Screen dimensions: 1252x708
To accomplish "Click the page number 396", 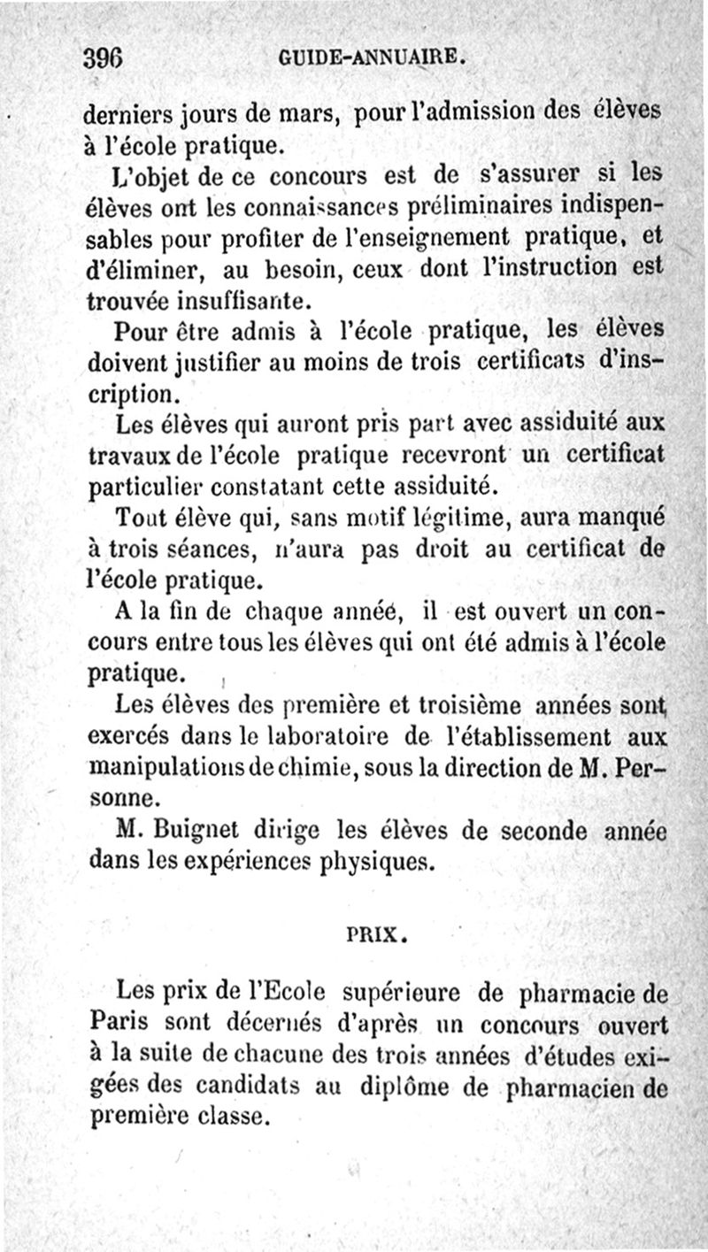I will (102, 58).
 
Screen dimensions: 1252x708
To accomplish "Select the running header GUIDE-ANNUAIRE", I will (373, 59).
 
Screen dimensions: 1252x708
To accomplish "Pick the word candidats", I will (237, 1086).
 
